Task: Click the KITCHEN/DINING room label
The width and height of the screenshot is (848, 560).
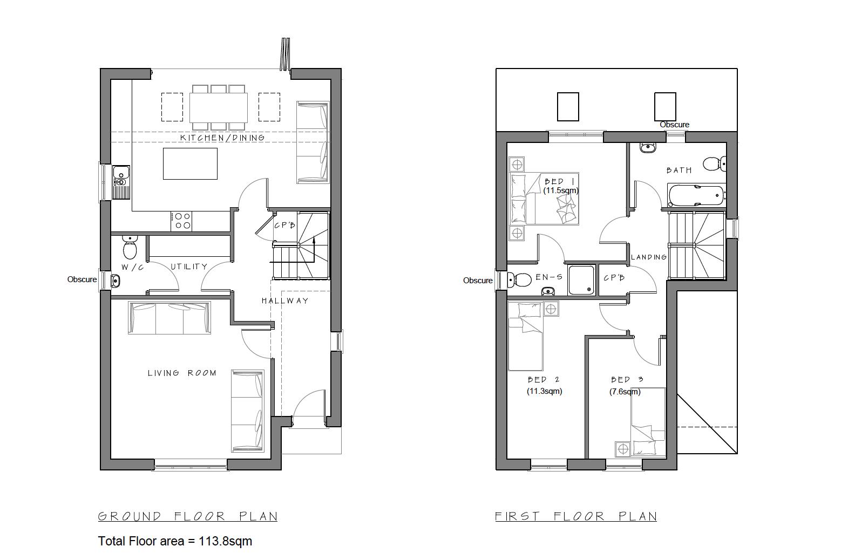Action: click(x=222, y=138)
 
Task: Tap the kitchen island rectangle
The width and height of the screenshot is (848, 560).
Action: click(x=190, y=163)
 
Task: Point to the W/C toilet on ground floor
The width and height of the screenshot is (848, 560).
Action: click(x=130, y=248)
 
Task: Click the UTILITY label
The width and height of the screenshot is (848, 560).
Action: click(x=189, y=267)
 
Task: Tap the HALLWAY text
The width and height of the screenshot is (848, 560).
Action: click(x=285, y=301)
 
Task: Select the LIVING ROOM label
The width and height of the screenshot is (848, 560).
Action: click(x=182, y=373)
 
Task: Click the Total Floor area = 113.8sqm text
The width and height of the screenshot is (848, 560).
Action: click(x=175, y=541)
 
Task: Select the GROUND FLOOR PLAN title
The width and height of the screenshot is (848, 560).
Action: click(x=187, y=516)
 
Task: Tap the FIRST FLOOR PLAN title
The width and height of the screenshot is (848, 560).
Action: click(x=576, y=516)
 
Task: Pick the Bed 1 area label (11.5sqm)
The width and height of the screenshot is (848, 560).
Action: click(x=561, y=190)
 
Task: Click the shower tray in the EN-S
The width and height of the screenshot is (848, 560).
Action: click(x=581, y=280)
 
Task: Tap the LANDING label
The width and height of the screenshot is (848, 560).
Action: click(x=649, y=257)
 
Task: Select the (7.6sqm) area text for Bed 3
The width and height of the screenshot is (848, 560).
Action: click(x=625, y=392)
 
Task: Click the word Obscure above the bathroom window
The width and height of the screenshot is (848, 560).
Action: click(x=674, y=125)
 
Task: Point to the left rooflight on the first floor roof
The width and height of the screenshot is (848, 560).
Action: click(x=568, y=106)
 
